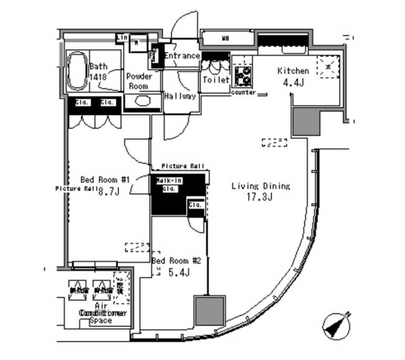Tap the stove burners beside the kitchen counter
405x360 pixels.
point(242,76)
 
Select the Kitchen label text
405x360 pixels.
point(293,71)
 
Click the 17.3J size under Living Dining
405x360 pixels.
point(260,196)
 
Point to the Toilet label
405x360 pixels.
point(216,80)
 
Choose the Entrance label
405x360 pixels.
point(182,56)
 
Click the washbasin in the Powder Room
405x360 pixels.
point(142,101)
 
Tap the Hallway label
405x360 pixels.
point(180,96)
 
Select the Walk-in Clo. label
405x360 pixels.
point(169,185)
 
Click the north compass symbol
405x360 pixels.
point(337,325)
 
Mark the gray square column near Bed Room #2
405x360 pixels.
point(209,310)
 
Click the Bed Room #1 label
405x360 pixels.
point(107,180)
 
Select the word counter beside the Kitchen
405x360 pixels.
point(243,92)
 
